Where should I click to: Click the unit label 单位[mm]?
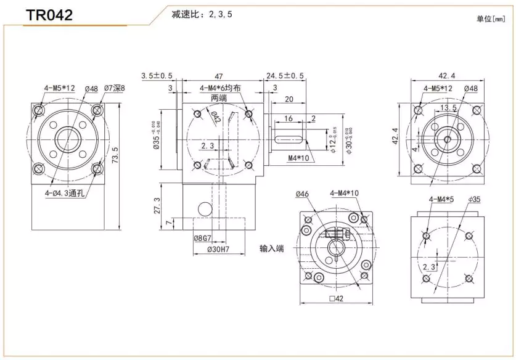pos(490,18)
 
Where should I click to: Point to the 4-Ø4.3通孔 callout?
pos(65,193)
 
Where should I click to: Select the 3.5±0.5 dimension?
pos(157,75)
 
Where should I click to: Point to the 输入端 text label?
pos(272,248)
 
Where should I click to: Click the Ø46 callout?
pos(302,194)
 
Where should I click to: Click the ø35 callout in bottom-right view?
pos(473,199)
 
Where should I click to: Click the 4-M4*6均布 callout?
pos(220,89)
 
